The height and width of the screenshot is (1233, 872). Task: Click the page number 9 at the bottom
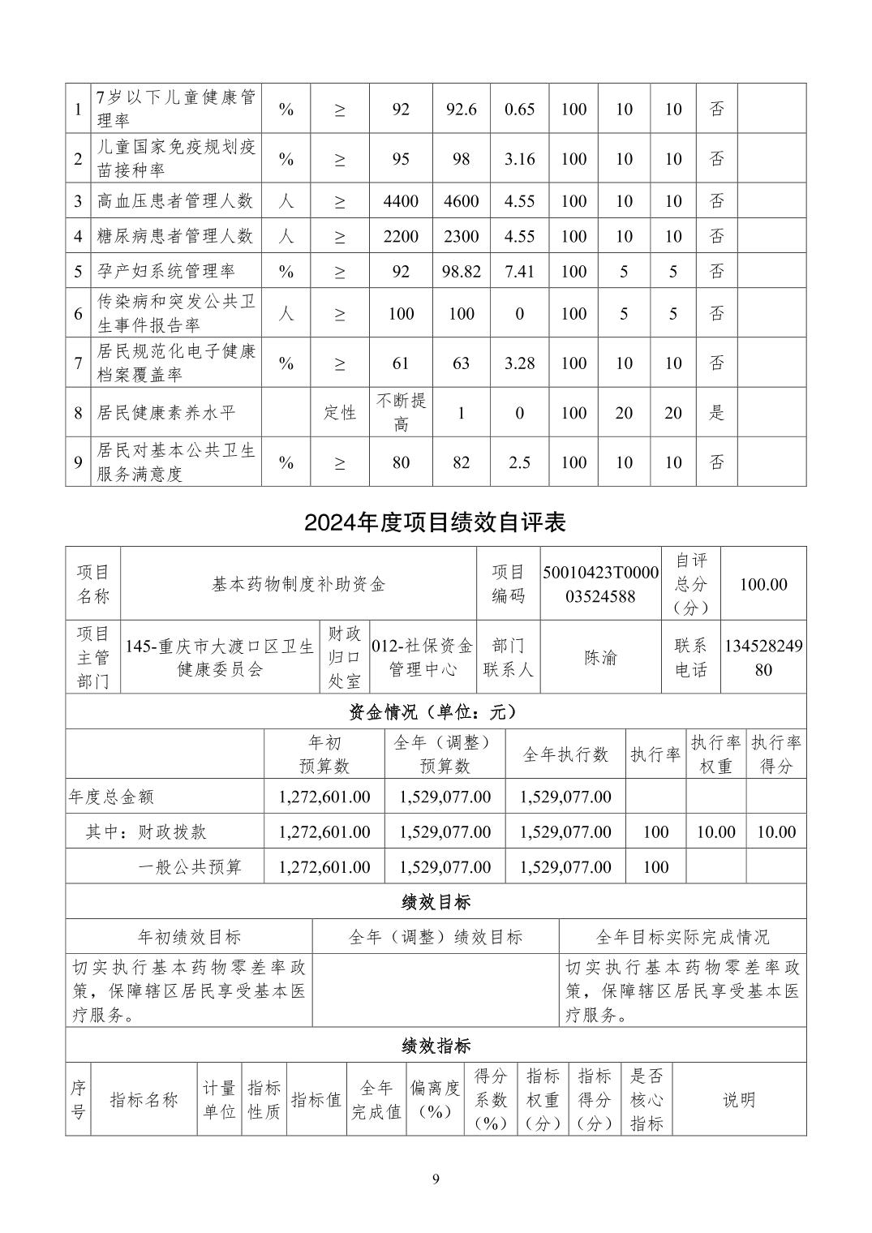click(x=436, y=1179)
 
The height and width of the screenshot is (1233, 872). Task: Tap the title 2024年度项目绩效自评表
click(x=435, y=522)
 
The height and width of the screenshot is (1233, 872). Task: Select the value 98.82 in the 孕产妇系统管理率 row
click(x=461, y=272)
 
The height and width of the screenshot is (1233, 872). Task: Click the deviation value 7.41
click(x=519, y=272)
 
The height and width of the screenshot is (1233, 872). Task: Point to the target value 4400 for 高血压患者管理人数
click(x=401, y=201)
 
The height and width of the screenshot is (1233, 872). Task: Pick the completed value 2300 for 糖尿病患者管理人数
click(x=461, y=237)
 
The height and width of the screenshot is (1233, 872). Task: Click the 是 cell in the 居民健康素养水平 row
click(x=716, y=413)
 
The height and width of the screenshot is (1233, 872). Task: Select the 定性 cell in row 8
click(x=340, y=413)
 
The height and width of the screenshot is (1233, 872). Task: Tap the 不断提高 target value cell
click(x=401, y=413)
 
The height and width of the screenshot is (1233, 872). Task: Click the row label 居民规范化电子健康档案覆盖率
click(x=176, y=363)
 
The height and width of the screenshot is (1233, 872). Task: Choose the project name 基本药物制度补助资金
click(x=299, y=584)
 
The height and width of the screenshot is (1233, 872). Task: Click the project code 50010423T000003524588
click(x=601, y=584)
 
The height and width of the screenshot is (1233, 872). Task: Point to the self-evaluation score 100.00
click(x=763, y=584)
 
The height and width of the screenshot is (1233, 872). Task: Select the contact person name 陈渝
click(x=601, y=658)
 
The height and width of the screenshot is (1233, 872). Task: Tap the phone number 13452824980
click(x=763, y=658)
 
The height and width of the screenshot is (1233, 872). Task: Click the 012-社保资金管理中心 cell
click(x=422, y=658)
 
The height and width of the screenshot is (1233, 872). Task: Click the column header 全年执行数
click(x=565, y=754)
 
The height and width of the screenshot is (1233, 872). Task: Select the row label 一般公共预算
click(x=190, y=867)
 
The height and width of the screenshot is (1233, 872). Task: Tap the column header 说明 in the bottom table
click(x=739, y=1100)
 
